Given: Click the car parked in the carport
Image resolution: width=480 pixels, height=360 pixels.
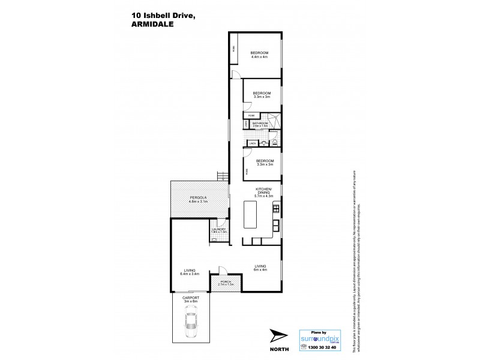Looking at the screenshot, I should (191, 322).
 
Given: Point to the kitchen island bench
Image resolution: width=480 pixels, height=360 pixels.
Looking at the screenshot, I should (251, 213).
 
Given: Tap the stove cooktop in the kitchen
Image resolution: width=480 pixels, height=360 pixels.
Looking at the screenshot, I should (276, 209).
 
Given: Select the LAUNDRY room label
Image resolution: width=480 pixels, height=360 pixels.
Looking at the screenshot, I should (218, 228).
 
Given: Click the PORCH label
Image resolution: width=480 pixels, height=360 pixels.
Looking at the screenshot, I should (226, 281).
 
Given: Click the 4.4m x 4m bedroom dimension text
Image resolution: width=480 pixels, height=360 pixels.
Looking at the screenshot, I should (259, 58).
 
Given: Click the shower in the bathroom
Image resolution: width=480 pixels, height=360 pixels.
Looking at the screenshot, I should (273, 119).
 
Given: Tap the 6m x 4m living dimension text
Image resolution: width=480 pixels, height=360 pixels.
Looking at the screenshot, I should (260, 269).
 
